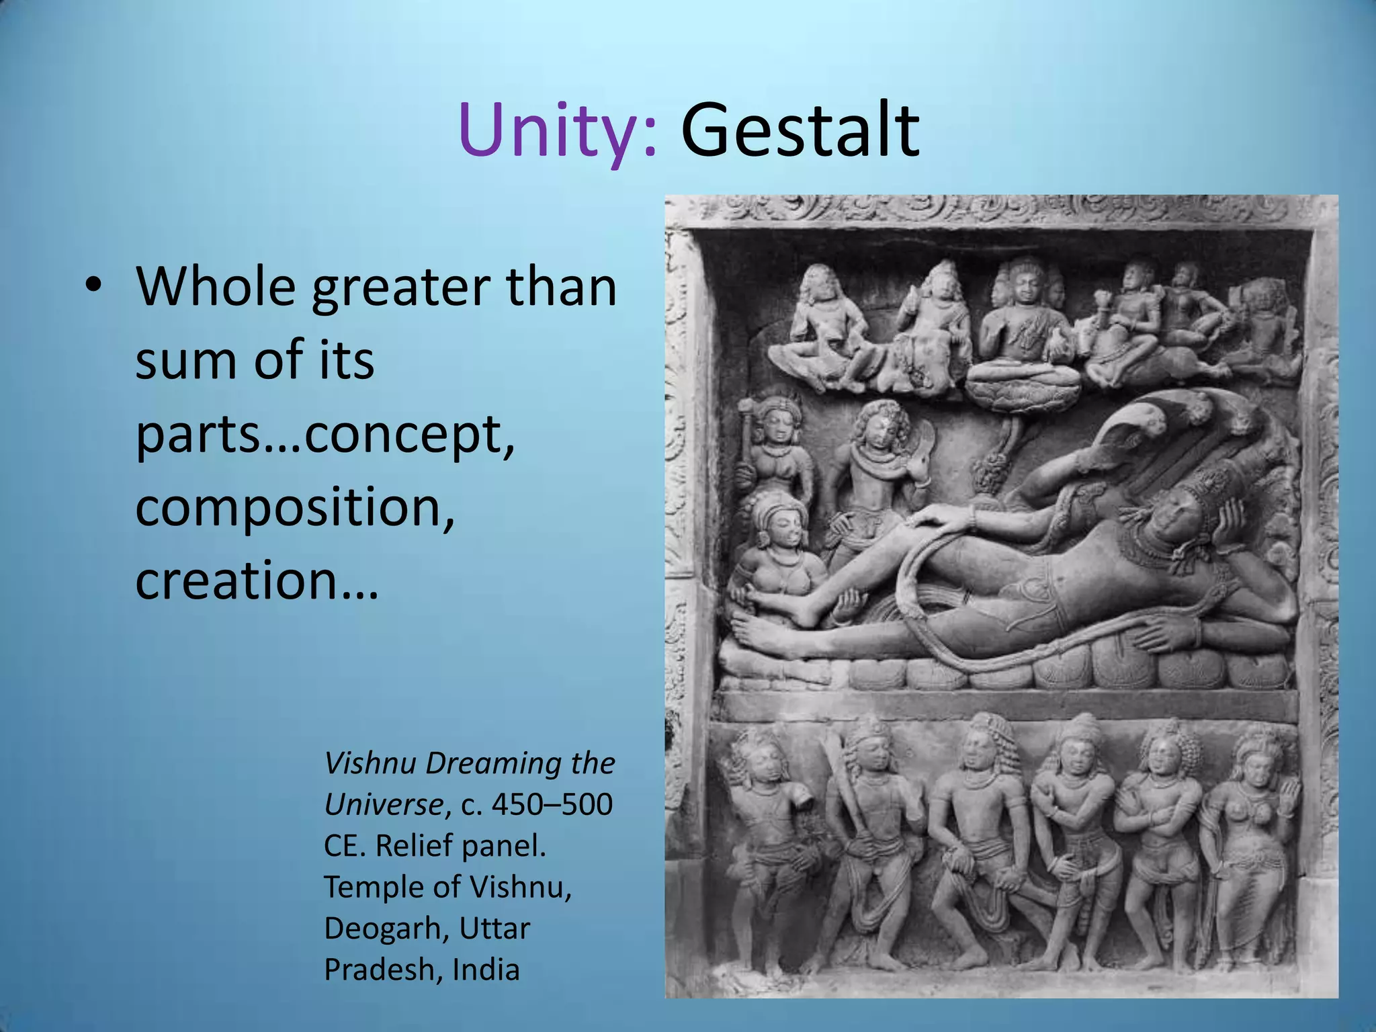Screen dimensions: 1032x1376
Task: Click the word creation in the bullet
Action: click(245, 580)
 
